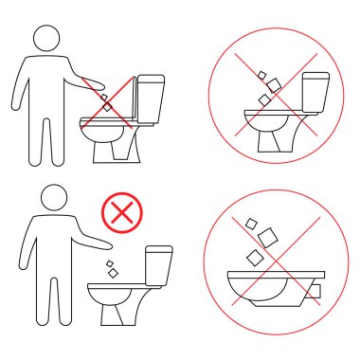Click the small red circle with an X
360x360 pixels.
tap(120, 211)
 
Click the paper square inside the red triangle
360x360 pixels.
tap(107, 107)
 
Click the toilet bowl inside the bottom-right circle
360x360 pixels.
tap(270, 286)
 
